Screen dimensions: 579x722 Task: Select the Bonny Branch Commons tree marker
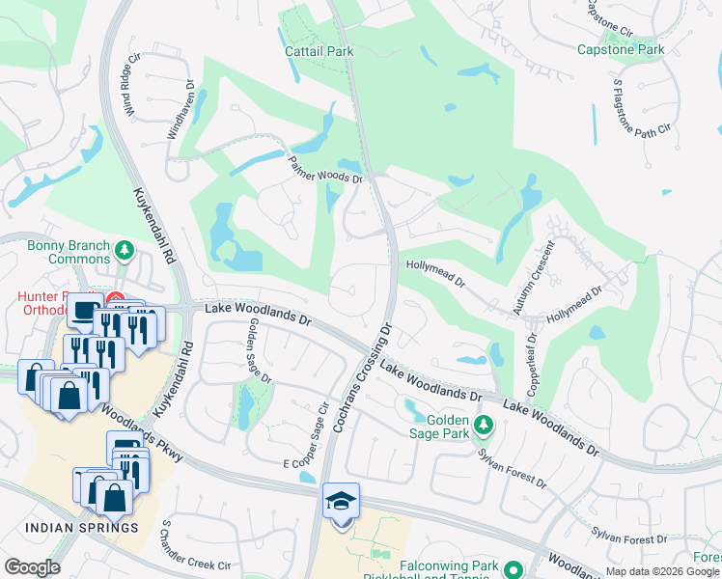pyautogui.click(x=124, y=251)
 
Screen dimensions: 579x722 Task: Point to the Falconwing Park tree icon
pyautogui.click(x=513, y=568)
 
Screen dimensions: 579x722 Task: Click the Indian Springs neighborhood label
pyautogui.click(x=81, y=528)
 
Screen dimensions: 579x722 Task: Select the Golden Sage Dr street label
pyautogui.click(x=259, y=350)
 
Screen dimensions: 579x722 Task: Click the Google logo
pyautogui.click(x=32, y=566)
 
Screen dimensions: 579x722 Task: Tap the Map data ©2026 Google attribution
pyautogui.click(x=662, y=571)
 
